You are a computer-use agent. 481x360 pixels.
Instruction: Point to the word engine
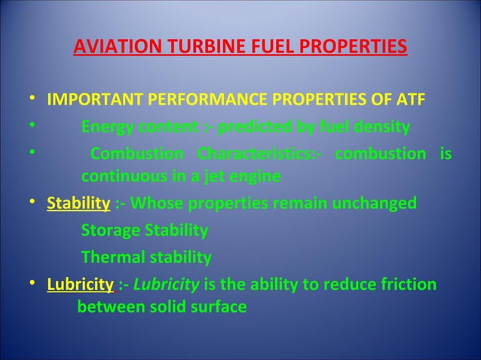pos(255,178)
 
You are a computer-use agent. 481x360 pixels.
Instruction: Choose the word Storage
pos(109,230)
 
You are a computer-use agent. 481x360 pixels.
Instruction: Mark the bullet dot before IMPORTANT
pos(28,100)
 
